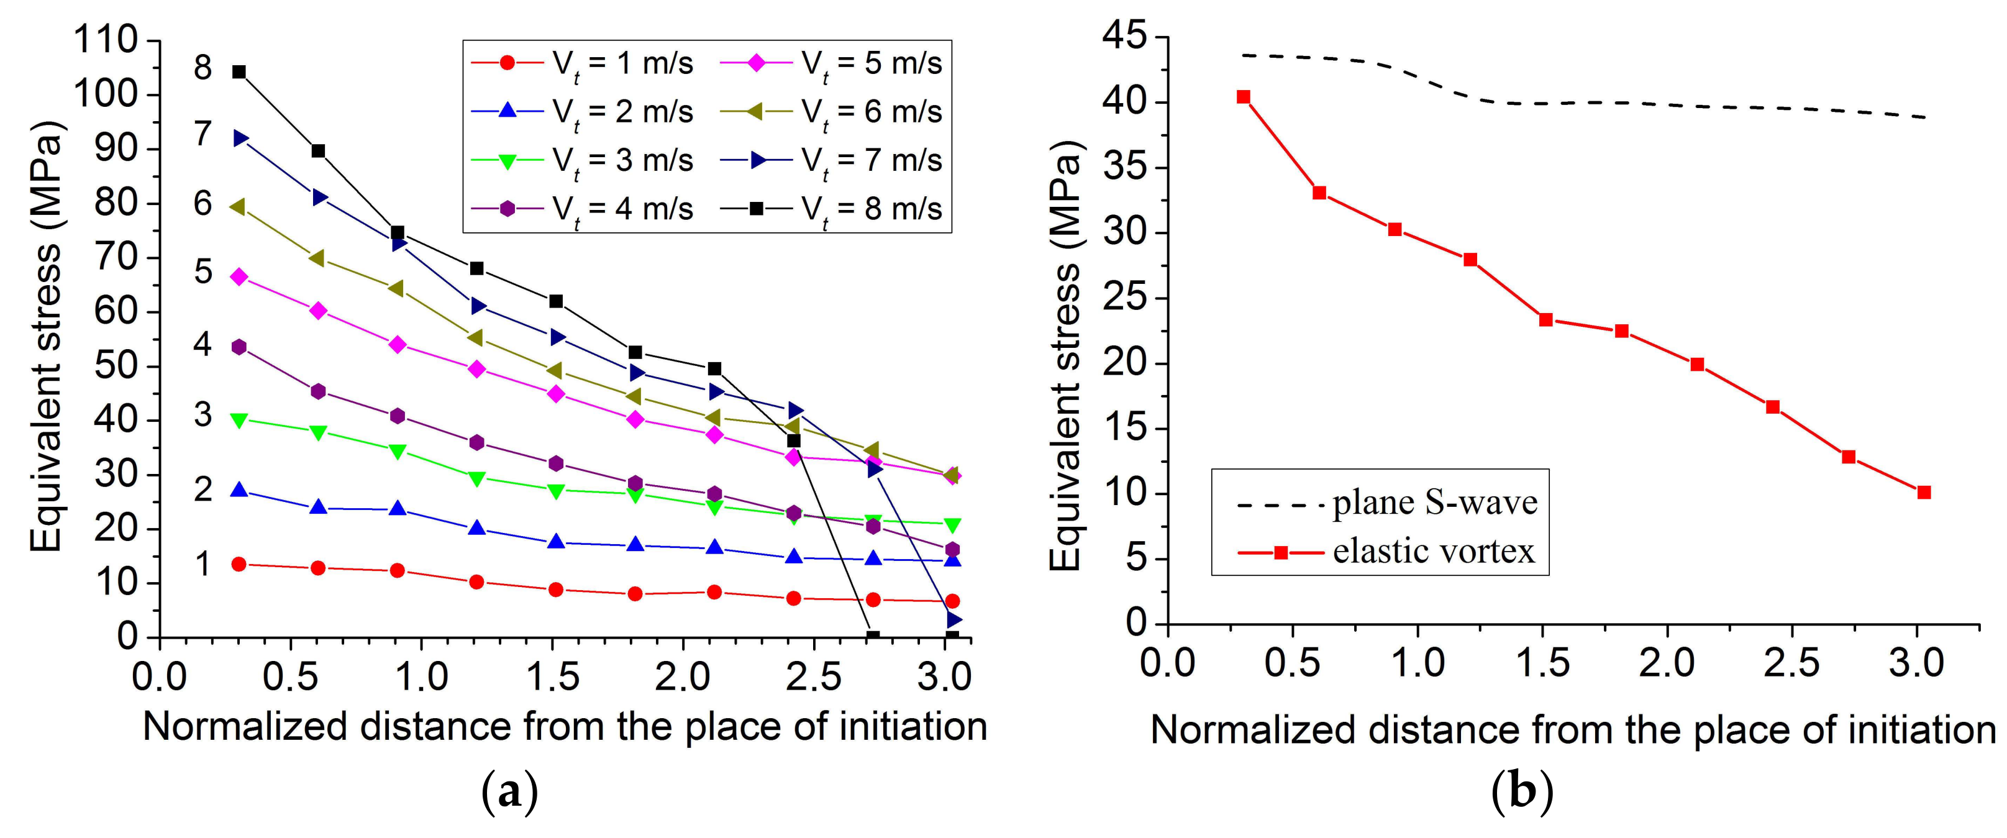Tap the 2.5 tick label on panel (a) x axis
click(813, 676)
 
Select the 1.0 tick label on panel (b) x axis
click(1418, 663)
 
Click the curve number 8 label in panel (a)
click(203, 68)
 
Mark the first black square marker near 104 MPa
click(239, 71)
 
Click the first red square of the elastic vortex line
click(1244, 96)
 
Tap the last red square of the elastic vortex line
click(1924, 492)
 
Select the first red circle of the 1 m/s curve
click(239, 564)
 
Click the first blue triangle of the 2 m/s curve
click(239, 490)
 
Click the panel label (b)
click(1522, 791)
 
